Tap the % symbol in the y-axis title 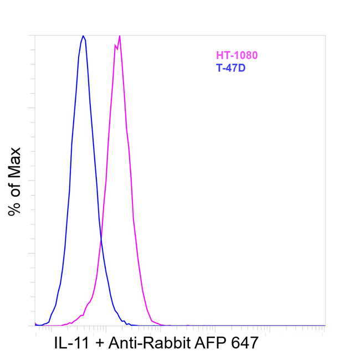pyautogui.click(x=14, y=207)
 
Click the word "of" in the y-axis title pyautogui.click(x=14, y=186)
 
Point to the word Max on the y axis pyautogui.click(x=14, y=160)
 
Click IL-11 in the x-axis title pyautogui.click(x=73, y=343)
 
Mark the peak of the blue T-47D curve pyautogui.click(x=83, y=36)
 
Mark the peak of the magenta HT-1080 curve pyautogui.click(x=120, y=35)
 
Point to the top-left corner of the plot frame pyautogui.click(x=35, y=35)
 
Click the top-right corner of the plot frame pyautogui.click(x=325, y=35)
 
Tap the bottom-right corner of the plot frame pyautogui.click(x=325, y=326)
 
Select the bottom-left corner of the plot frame pyautogui.click(x=35, y=326)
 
